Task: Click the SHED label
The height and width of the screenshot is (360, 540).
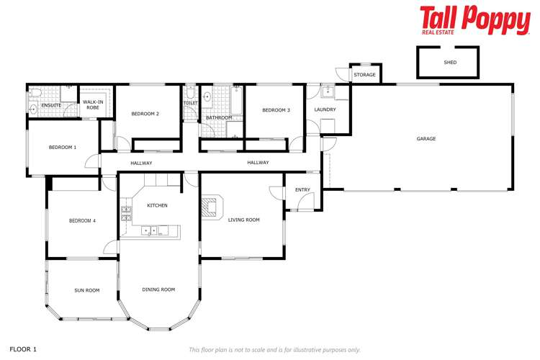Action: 450,63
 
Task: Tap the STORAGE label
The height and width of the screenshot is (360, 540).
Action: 364,75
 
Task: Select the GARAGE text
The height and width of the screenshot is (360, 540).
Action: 426,139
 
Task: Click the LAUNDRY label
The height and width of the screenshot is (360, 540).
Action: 325,110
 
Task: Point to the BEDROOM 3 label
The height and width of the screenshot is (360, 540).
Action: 276,110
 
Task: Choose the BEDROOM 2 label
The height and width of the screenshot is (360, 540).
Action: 145,114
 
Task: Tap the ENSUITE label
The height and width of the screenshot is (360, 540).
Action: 51,106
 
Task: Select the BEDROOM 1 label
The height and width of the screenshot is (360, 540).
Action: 63,148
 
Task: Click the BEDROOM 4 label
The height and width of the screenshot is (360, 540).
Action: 82,220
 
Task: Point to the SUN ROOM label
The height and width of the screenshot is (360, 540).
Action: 86,290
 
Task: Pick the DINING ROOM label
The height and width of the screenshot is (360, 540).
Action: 158,289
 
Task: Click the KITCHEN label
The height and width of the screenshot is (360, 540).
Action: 157,206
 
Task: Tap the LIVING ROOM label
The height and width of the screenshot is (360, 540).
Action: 243,220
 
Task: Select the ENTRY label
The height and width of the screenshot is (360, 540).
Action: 302,190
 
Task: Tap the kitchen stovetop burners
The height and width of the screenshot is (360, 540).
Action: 126,212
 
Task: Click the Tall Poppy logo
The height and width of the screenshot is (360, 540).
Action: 474,20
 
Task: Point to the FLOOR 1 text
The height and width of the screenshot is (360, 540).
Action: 23,349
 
